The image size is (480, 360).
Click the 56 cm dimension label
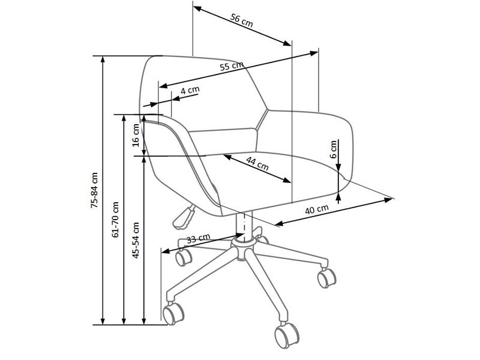click(242, 20)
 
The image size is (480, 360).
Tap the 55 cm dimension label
click(232, 66)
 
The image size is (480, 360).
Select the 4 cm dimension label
click(190, 90)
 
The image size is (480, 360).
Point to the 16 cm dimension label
click(136, 135)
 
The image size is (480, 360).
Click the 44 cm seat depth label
click(257, 164)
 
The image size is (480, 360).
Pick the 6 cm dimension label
click(334, 149)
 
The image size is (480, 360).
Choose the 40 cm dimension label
click(317, 209)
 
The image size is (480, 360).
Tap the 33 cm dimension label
click(199, 238)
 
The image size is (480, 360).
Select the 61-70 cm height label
click(115, 220)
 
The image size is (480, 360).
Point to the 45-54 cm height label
click(136, 241)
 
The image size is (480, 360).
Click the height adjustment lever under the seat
click(184, 217)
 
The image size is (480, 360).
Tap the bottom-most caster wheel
click(287, 335)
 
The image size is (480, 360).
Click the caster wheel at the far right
click(326, 278)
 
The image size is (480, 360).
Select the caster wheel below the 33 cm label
click(184, 257)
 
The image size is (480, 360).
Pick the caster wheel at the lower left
click(173, 314)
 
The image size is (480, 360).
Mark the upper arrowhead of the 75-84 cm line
click(103, 59)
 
